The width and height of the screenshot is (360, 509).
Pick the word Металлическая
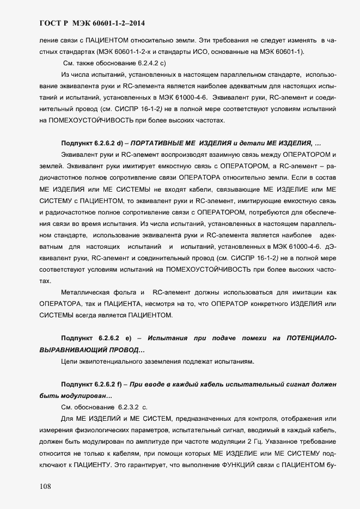[x=89, y=292]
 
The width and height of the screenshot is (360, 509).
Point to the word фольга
[x=132, y=292]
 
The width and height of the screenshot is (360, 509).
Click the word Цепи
[x=69, y=361]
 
